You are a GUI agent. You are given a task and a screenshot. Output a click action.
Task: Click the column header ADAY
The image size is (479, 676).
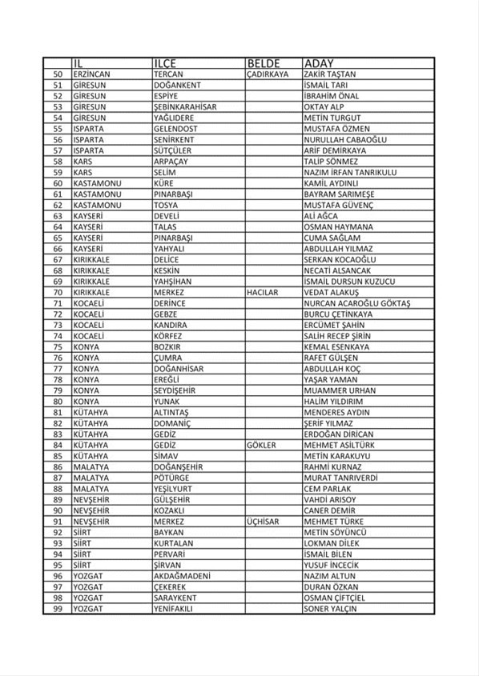tap(318, 63)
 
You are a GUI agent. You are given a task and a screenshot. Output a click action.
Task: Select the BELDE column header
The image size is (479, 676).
tap(264, 63)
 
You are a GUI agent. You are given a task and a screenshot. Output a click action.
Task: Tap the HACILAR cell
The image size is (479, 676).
tap(263, 293)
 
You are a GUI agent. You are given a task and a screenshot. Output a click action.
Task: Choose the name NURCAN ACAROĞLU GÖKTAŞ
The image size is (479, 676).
tap(356, 304)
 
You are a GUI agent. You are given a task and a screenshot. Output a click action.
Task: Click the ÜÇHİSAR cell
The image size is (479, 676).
tap(264, 522)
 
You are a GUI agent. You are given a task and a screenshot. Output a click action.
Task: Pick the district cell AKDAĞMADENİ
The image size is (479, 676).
tap(181, 576)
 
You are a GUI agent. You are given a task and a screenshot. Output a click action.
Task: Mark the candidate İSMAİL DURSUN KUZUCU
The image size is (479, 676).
tap(349, 282)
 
